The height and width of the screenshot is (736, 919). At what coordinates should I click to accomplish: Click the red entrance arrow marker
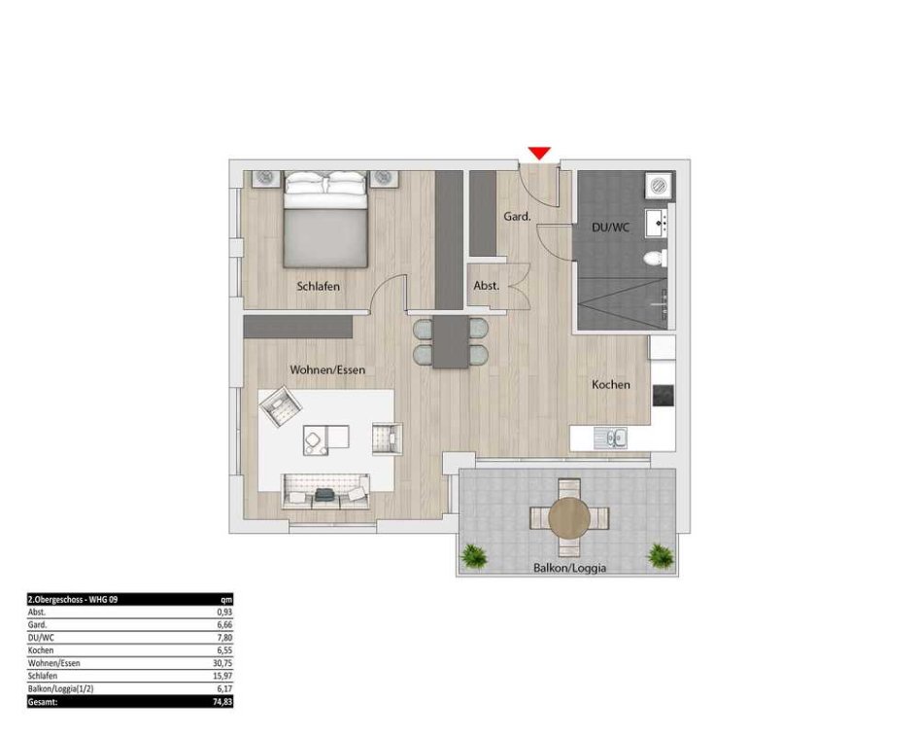pos(539,153)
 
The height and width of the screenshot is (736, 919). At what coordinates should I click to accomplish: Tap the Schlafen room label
pos(319,287)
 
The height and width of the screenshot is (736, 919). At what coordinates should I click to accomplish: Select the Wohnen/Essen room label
pos(327,370)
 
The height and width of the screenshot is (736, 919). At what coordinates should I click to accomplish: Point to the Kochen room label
pos(611,385)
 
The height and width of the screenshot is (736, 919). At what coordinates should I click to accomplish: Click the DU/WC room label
pos(611,227)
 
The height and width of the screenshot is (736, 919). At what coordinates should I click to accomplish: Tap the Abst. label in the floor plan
pos(487,286)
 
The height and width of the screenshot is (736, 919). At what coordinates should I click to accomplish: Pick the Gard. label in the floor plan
pos(517,217)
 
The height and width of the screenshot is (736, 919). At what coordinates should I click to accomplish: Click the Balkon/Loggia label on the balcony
pos(569,568)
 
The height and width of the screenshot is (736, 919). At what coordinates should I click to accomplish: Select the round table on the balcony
pos(569,518)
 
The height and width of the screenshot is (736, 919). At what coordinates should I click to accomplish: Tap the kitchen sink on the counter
pos(611,438)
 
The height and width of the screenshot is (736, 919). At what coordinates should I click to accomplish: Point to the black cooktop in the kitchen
pos(663,395)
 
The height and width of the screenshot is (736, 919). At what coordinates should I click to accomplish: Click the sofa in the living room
pos(325,491)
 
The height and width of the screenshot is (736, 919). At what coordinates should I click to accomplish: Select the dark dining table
pos(451,342)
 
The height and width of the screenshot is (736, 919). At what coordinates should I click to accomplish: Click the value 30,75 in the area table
pos(224,663)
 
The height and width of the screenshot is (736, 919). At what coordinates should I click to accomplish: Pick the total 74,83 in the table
pos(224,702)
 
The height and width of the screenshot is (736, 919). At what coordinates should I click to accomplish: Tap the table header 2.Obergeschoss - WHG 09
pos(73,599)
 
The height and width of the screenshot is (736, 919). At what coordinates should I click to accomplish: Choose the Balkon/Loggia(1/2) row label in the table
pos(60,689)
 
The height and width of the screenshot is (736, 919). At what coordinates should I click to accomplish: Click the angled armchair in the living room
pos(281,405)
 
